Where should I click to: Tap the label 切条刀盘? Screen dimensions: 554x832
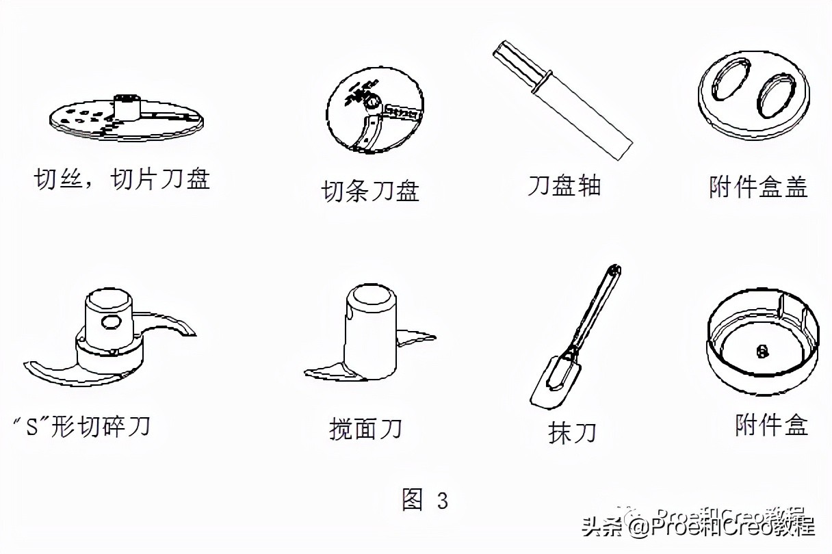(370, 190)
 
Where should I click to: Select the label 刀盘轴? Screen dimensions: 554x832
(564, 185)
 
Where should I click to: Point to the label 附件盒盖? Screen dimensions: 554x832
(758, 186)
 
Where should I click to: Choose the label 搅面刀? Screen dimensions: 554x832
(365, 429)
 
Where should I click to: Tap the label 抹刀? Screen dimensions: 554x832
(572, 432)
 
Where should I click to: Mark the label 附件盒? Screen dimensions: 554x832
(771, 425)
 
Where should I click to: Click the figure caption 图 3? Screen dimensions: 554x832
(425, 500)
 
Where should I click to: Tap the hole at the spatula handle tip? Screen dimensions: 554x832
(614, 270)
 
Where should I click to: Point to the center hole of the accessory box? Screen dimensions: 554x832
(762, 351)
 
